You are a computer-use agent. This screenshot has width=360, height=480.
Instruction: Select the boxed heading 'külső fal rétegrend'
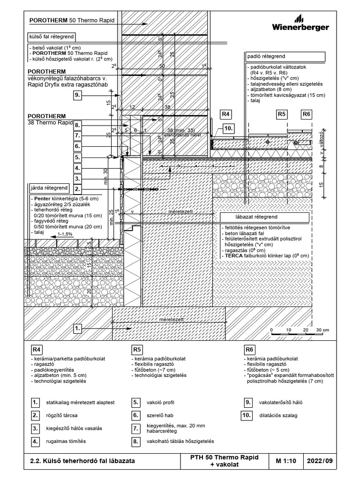point(51,36)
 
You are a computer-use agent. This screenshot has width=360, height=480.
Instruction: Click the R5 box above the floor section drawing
point(282,114)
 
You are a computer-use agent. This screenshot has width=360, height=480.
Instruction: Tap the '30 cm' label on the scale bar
point(323,330)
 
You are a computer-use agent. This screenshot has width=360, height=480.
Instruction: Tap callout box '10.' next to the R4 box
point(228,127)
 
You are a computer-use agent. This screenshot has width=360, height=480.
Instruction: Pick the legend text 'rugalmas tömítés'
point(66,442)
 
